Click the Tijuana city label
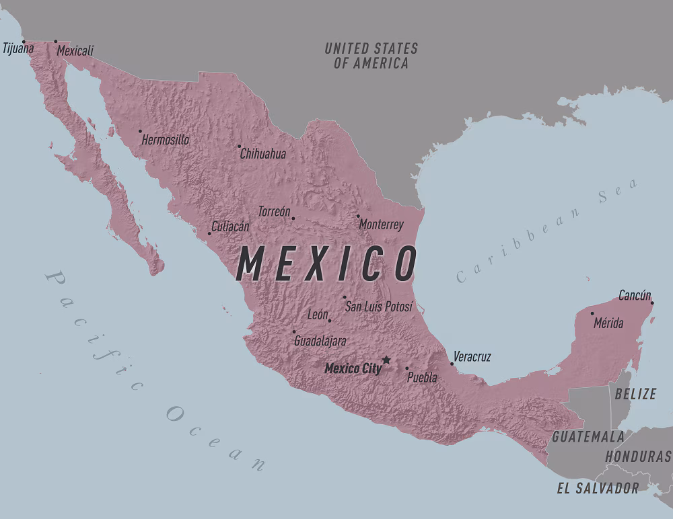coord(18,48)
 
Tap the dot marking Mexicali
coord(56,41)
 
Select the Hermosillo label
coord(165,140)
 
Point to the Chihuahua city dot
coord(239,146)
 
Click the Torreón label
coord(274,211)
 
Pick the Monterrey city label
coord(381,225)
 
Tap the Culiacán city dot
coord(209,233)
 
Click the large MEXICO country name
coord(326,264)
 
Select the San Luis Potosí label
coord(378,307)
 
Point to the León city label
coord(318,314)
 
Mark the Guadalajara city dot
coord(293,331)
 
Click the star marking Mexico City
coord(386,360)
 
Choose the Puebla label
coord(422,377)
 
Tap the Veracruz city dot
coord(452,364)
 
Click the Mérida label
coord(608,323)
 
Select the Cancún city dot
coord(652,303)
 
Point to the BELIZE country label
coord(635,394)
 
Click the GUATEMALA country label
coord(588,436)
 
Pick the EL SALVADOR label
coord(598,488)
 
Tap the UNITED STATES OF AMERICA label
coord(371,56)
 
